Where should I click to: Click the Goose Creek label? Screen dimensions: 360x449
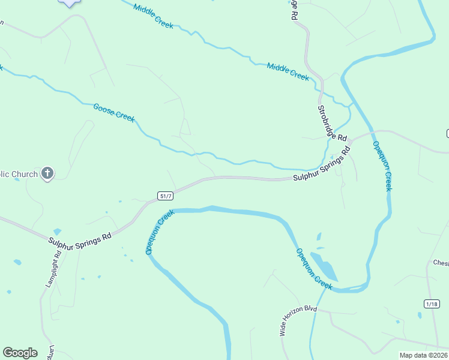coord(114,112)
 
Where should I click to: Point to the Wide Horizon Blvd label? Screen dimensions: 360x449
coord(298,320)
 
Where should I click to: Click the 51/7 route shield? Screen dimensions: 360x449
coord(166,196)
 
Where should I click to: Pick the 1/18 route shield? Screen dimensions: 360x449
coord(431,304)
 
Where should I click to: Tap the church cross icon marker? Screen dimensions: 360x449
coord(47,174)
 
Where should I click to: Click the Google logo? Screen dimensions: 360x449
coord(20,353)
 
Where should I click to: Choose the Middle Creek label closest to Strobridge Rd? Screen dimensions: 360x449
coord(288,72)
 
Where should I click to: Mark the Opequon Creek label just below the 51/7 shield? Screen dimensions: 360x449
coord(159,232)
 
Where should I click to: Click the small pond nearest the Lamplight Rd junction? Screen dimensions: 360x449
coord(57,232)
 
